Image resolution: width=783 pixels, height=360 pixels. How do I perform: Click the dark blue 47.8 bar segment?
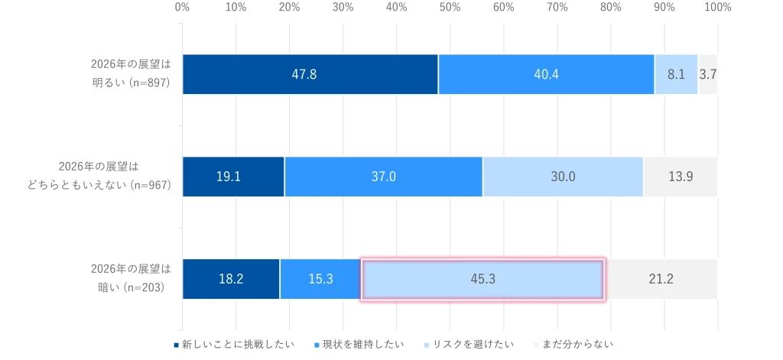[x=310, y=74]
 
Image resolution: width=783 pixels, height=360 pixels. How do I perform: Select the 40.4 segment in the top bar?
[x=546, y=74]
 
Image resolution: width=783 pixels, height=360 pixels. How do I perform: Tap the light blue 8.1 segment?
[x=676, y=74]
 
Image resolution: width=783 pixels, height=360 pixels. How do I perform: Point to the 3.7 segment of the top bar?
[x=708, y=74]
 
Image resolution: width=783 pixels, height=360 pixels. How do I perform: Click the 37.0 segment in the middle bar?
[x=383, y=177]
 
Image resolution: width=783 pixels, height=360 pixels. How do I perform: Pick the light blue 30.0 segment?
[x=563, y=177]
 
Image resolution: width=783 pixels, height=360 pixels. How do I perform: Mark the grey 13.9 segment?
[x=681, y=177]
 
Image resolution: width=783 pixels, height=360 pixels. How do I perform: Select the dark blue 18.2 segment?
[x=231, y=279]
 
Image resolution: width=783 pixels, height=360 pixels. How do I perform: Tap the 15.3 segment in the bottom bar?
[x=320, y=279]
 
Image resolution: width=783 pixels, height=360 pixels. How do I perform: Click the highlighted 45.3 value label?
[x=482, y=279]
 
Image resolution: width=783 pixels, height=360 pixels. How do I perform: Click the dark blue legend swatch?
[x=177, y=345]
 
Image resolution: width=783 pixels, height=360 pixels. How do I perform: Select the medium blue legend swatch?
[x=317, y=345]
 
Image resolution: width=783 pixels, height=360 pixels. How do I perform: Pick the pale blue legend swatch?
[x=427, y=345]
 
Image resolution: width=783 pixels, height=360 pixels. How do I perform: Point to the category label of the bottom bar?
[x=128, y=278]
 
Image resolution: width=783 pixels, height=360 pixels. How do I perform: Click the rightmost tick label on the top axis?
[x=717, y=6]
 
